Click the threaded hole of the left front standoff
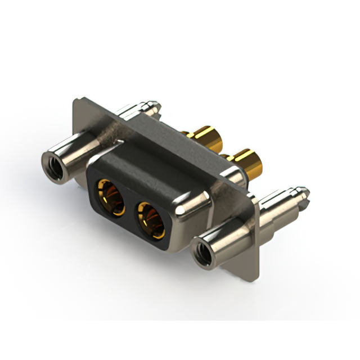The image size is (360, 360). [x=53, y=164]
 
